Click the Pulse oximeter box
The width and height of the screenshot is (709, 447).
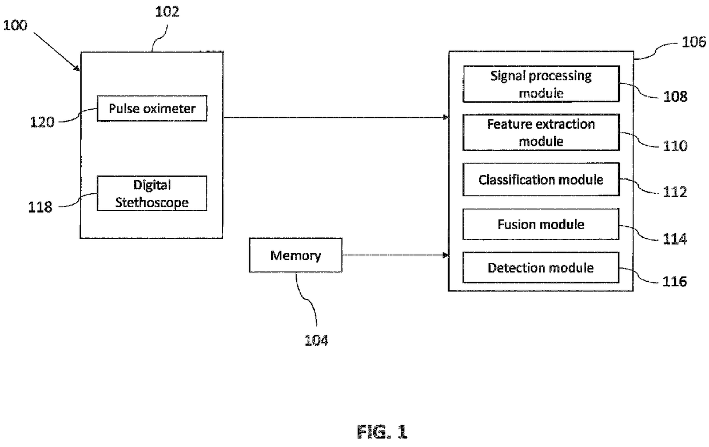coord(152,108)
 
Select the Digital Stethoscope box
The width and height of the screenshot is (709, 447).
coord(152,193)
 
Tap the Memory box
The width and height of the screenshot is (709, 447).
coord(296,255)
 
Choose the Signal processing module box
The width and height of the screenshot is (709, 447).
coord(541,84)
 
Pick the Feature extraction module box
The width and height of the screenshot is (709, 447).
coord(541,132)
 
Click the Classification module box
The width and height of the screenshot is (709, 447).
coord(541,179)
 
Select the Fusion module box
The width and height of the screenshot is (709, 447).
coord(541,224)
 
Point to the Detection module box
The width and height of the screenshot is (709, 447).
coord(541,268)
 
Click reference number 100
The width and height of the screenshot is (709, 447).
coord(15,25)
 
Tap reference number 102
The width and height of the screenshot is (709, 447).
coord(167,11)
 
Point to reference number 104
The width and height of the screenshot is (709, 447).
coord(316,340)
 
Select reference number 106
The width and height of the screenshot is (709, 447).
coord(694,42)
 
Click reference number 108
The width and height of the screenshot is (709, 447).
coord(675,97)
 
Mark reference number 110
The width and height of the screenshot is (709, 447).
coord(675,146)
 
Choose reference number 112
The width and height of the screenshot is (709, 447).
coord(675,192)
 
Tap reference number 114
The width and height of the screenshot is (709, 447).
coord(675,239)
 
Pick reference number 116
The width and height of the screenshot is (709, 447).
coord(675,282)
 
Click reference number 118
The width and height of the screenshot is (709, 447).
coord(40,207)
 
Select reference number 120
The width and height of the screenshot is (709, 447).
coord(42,122)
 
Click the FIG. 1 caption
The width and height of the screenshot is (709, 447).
coord(382,432)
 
